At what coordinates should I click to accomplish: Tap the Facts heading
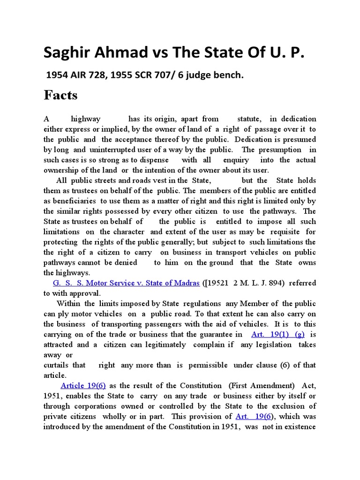tap(60, 95)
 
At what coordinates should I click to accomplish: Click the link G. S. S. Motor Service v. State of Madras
tap(126, 283)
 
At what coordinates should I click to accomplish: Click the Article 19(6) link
tap(82, 385)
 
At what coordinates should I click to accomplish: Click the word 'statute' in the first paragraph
tap(249, 119)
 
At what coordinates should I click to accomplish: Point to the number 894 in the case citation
tap(270, 283)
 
